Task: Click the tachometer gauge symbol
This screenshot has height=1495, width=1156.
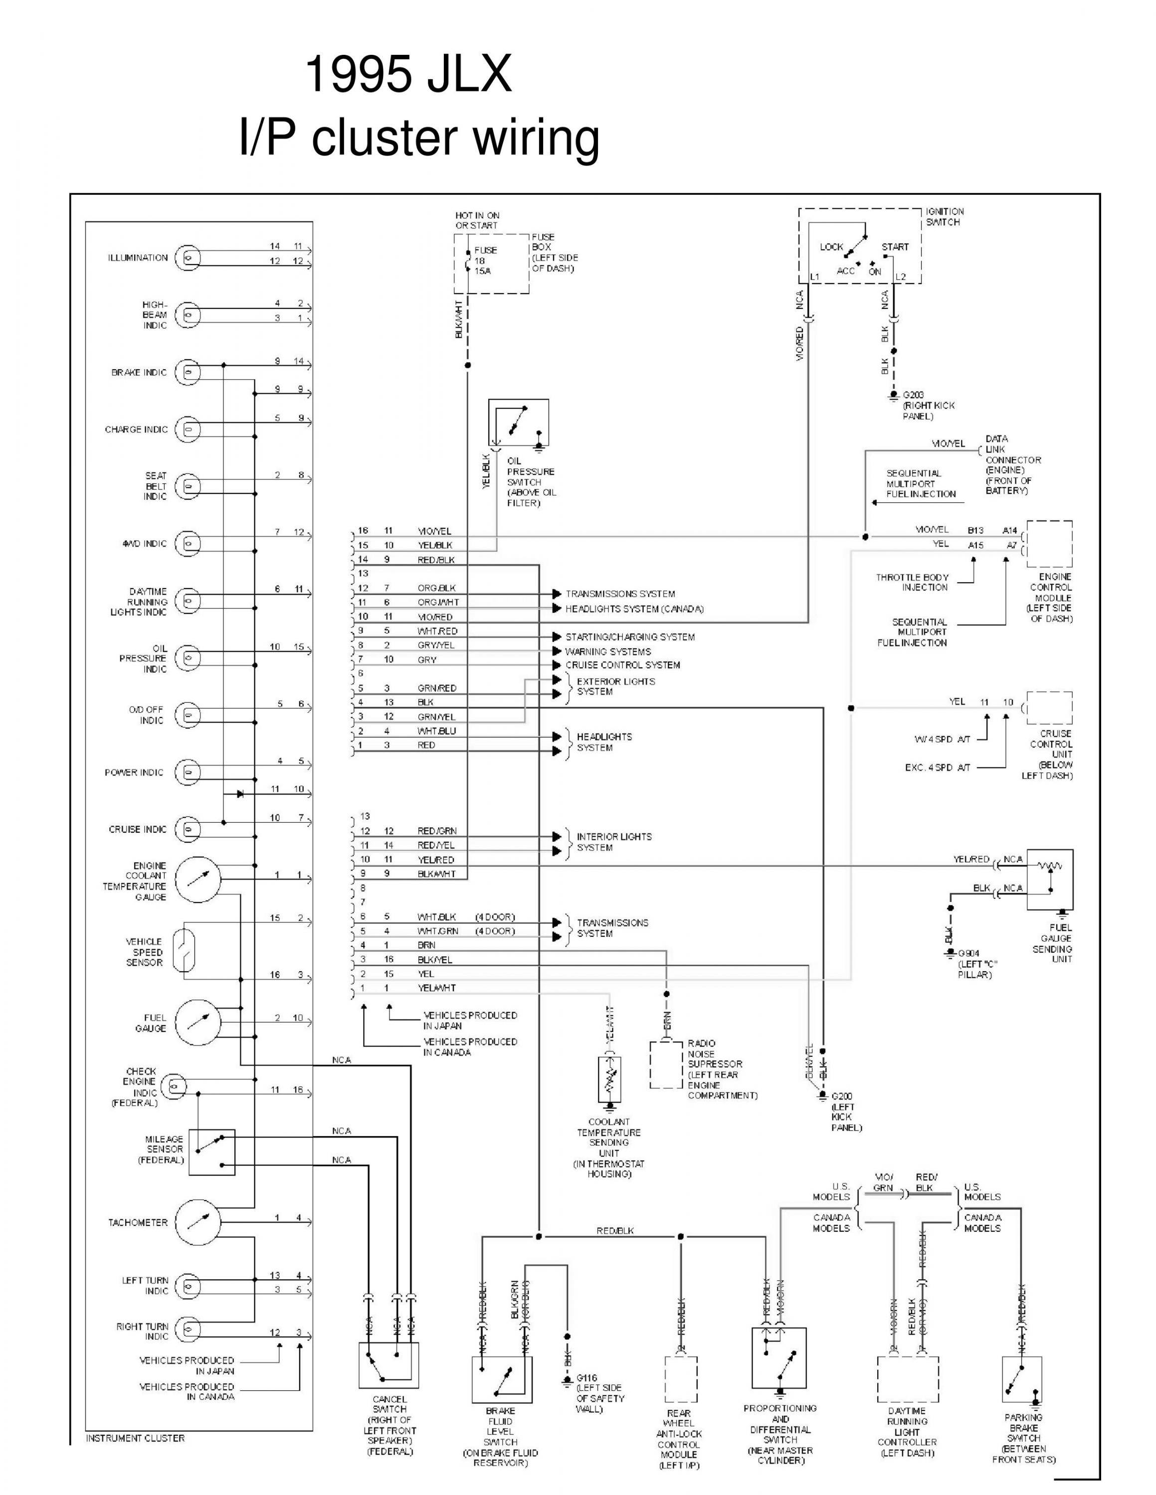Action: [198, 1221]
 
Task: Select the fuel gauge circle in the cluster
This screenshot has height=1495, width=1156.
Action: [198, 1022]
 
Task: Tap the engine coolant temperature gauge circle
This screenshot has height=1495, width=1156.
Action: [198, 878]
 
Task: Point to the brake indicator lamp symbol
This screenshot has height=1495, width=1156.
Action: [188, 372]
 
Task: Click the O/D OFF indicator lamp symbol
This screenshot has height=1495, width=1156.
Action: [188, 715]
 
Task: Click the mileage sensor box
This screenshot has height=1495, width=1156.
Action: [211, 1152]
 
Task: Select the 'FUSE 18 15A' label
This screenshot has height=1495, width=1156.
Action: [486, 260]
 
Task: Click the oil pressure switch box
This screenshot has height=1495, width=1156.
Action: [519, 423]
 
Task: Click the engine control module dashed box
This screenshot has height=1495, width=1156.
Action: [1049, 544]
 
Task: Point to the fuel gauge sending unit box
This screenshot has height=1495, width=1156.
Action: [1049, 880]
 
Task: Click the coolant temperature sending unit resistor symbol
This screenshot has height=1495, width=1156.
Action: [609, 1079]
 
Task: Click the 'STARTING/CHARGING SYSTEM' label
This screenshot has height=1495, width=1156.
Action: [629, 636]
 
